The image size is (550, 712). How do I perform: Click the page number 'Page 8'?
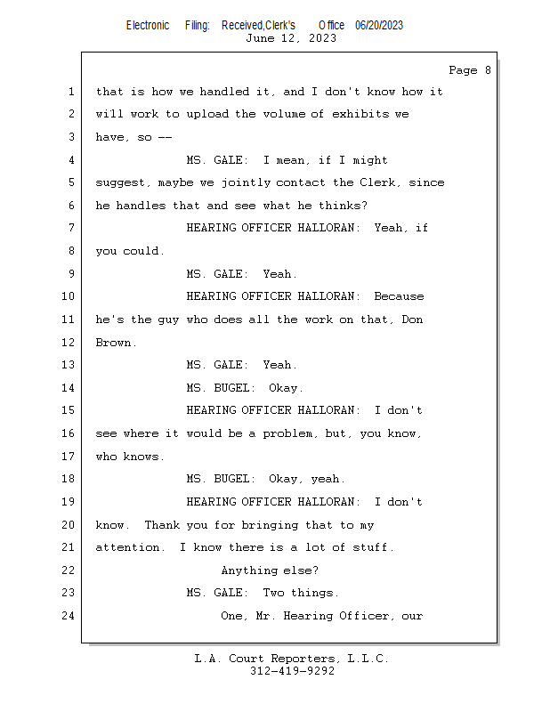pos(469,70)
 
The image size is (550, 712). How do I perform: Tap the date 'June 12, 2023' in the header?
pos(291,38)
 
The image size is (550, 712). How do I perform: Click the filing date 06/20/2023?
pos(379,25)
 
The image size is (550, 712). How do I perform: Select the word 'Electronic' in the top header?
pos(148,25)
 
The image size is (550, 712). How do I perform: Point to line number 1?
pos(70,92)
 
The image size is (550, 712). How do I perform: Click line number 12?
pos(68,343)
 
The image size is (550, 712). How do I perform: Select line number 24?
pos(68,616)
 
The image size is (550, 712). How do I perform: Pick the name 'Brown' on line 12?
pos(114,343)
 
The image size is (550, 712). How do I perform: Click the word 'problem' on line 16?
pos(284,433)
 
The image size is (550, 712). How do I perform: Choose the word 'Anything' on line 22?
pos(249,570)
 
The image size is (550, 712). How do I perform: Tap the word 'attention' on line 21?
pos(128,547)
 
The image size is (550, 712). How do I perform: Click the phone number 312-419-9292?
pos(291,671)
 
